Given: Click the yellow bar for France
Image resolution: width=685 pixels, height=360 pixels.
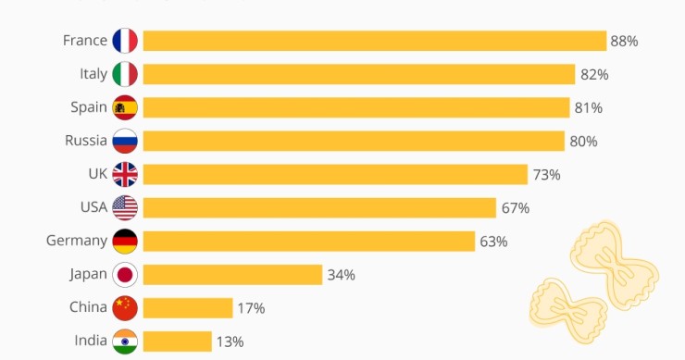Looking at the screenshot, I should pyautogui.click(x=374, y=41).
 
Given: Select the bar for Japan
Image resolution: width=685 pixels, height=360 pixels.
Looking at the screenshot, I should pyautogui.click(x=232, y=274).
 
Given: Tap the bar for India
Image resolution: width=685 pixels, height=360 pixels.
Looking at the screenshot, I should pyautogui.click(x=177, y=341).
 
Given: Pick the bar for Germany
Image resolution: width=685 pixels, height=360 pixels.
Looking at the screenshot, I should pyautogui.click(x=309, y=242).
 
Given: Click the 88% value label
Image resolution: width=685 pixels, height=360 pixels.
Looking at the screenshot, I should pyautogui.click(x=624, y=41).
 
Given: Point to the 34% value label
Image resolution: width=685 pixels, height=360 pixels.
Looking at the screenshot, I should pyautogui.click(x=341, y=275).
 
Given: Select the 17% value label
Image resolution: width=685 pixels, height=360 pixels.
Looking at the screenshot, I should pyautogui.click(x=251, y=308).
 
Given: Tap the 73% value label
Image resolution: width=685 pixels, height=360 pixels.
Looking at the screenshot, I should pyautogui.click(x=546, y=175).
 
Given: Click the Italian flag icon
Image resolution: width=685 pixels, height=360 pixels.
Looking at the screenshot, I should pyautogui.click(x=125, y=74).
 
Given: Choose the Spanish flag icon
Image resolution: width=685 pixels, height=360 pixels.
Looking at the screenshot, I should pyautogui.click(x=125, y=107).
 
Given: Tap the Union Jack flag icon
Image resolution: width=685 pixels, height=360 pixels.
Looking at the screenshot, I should pyautogui.click(x=125, y=174).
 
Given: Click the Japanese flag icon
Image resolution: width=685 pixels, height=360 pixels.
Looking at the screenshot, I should pyautogui.click(x=125, y=274).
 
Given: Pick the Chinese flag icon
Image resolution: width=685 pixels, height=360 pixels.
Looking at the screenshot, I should pyautogui.click(x=125, y=307).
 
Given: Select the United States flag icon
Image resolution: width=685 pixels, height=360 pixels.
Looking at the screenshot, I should pyautogui.click(x=125, y=207).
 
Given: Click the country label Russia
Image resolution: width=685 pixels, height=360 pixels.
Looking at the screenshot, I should pyautogui.click(x=85, y=141).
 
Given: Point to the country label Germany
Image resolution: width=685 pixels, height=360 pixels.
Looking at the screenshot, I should pyautogui.click(x=77, y=241).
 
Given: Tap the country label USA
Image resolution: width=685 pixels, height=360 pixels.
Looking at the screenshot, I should pyautogui.click(x=93, y=207).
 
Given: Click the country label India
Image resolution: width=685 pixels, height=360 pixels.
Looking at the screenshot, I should pyautogui.click(x=91, y=341).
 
